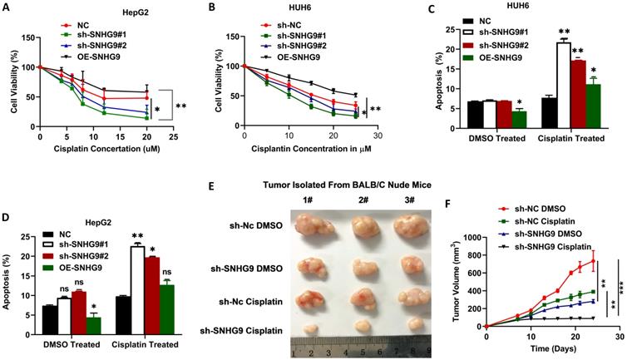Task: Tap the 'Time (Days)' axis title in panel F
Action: pyautogui.click(x=550, y=353)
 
